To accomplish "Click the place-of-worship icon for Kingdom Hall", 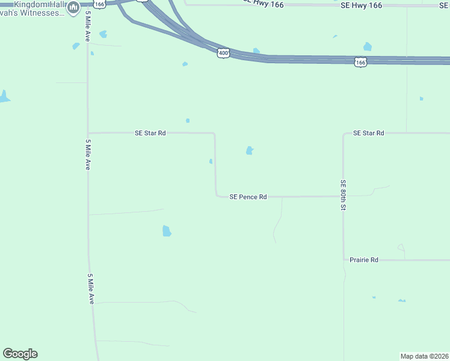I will click(x=73, y=8).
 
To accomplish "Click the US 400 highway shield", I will click(x=223, y=54).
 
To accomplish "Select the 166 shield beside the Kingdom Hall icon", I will click(x=100, y=4).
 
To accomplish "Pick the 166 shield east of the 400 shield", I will click(x=360, y=62).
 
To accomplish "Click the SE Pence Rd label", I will click(x=248, y=197).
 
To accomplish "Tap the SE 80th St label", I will click(x=344, y=195).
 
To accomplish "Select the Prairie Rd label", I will click(x=364, y=260).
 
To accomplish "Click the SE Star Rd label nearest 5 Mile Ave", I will click(x=150, y=133).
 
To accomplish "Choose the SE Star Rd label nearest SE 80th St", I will click(x=368, y=133).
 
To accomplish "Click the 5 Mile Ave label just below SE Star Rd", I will click(x=88, y=155).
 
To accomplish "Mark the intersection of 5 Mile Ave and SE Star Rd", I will click(x=88, y=133).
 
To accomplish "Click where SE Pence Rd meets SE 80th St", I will click(x=343, y=196).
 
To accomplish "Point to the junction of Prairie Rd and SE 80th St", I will click(x=344, y=260).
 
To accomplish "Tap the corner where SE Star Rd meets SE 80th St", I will click(x=344, y=134).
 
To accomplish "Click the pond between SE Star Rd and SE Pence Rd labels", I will click(x=249, y=150).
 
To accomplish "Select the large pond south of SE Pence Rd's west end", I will click(x=167, y=230).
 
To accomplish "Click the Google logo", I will click(x=20, y=354).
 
